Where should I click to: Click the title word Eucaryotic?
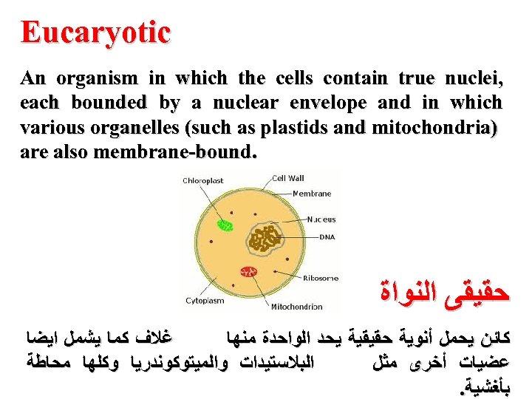[96, 33]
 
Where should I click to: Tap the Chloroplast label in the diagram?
[203, 180]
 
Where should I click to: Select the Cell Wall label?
[288, 178]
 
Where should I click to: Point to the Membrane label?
[311, 194]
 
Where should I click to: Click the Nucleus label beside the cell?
[321, 219]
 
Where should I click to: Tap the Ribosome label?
[321, 278]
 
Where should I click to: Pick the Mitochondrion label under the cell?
[296, 307]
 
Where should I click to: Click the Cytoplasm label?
[205, 301]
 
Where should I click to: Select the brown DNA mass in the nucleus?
[267, 238]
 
